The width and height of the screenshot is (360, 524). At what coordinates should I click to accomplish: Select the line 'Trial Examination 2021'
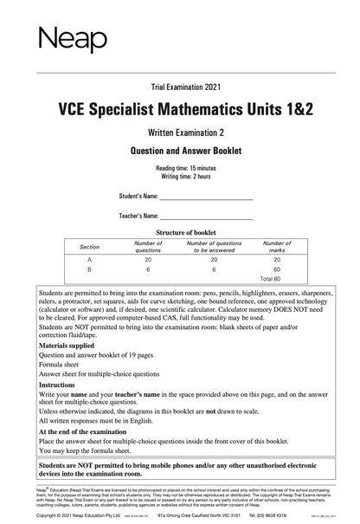pyautogui.click(x=179, y=88)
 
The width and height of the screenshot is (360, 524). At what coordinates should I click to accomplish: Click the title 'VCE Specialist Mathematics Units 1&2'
pyautogui.click(x=179, y=110)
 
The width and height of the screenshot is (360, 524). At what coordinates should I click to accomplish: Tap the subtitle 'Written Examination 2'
pyautogui.click(x=179, y=132)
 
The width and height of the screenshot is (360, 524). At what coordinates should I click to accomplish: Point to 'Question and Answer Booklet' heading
pyautogui.click(x=179, y=150)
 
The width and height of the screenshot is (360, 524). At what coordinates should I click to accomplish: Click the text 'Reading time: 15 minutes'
pyautogui.click(x=180, y=166)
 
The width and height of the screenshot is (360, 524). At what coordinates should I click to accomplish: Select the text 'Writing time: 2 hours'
pyautogui.click(x=180, y=175)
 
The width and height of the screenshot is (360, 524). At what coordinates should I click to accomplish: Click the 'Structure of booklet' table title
pyautogui.click(x=180, y=233)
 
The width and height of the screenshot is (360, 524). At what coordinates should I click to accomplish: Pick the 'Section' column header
pyautogui.click(x=90, y=247)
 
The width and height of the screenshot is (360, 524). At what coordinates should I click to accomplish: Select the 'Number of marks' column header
pyautogui.click(x=277, y=247)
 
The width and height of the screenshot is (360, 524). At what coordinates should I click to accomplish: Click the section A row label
pyautogui.click(x=90, y=260)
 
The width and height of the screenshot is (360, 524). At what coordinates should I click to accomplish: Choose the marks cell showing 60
pyautogui.click(x=277, y=269)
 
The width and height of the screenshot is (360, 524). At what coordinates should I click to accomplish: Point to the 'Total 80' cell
pyautogui.click(x=271, y=279)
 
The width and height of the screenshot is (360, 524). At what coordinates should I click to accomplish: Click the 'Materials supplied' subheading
pyautogui.click(x=71, y=345)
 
